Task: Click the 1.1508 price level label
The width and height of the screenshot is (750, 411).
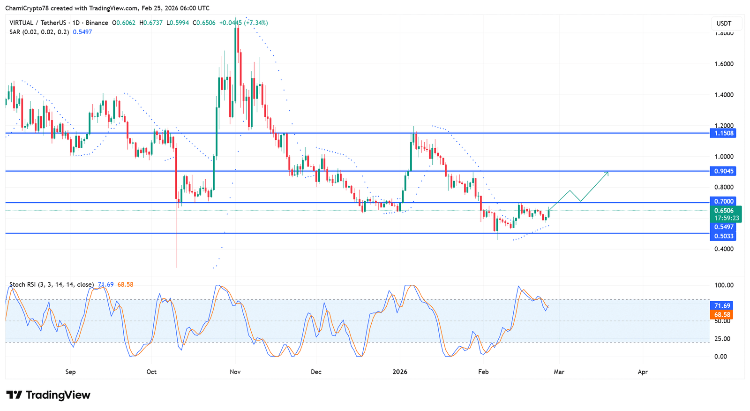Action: [x=723, y=133]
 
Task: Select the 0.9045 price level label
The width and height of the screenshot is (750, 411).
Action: [x=723, y=171]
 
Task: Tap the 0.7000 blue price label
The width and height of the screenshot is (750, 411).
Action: [x=723, y=201]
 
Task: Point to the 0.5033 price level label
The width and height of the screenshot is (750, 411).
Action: [x=723, y=236]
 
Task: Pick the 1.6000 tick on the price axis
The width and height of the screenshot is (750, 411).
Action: [x=724, y=64]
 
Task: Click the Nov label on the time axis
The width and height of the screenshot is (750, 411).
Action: [x=235, y=372]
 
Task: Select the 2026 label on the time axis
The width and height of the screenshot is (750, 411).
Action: [x=400, y=372]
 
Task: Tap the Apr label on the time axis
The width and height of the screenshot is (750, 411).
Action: [x=643, y=372]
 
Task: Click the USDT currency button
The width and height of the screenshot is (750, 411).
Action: [x=724, y=23]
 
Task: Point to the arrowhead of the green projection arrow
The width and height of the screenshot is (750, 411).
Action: [x=607, y=173]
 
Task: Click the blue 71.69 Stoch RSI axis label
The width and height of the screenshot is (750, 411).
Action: [x=722, y=305]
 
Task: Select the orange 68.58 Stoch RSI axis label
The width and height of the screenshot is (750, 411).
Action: [x=722, y=314]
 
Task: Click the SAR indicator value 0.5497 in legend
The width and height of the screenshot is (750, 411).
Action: [x=82, y=32]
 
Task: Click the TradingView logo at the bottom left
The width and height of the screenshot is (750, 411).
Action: [x=48, y=395]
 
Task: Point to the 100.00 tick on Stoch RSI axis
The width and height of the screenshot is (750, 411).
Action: [x=723, y=285]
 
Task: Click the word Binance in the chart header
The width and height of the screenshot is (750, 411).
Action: [x=97, y=23]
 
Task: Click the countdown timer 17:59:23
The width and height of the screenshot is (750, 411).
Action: [x=726, y=218]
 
